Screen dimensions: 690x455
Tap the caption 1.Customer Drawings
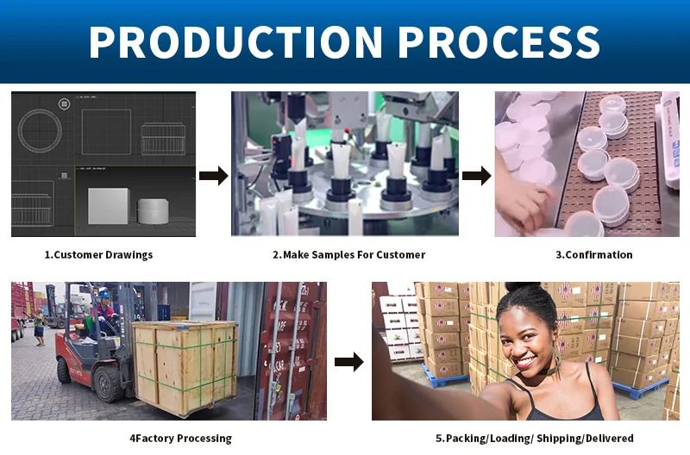tap(98, 255)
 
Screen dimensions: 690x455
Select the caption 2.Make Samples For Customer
tap(348, 255)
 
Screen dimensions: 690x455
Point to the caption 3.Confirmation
tap(593, 255)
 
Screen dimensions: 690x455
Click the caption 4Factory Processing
tap(180, 439)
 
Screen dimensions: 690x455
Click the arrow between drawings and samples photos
tap(213, 177)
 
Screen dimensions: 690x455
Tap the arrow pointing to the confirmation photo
tap(476, 177)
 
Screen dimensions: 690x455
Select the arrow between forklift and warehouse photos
tap(348, 362)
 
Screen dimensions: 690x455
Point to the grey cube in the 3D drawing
tap(108, 207)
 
